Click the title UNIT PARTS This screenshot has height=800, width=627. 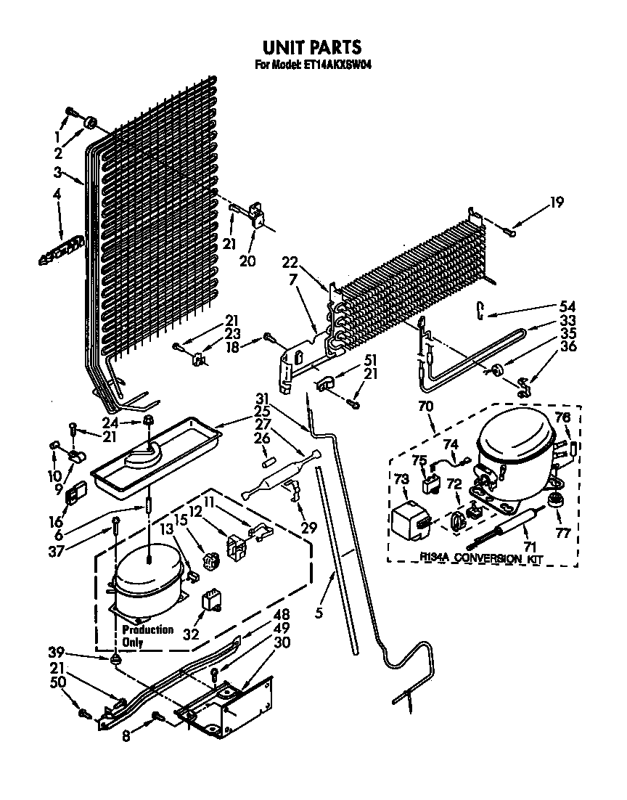point(311,47)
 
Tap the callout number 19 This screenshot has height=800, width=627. point(556,202)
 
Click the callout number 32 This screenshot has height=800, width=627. point(191,634)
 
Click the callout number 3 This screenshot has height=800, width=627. point(57,172)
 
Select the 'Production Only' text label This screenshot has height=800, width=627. point(147,635)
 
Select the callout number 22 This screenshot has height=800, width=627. point(290,262)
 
